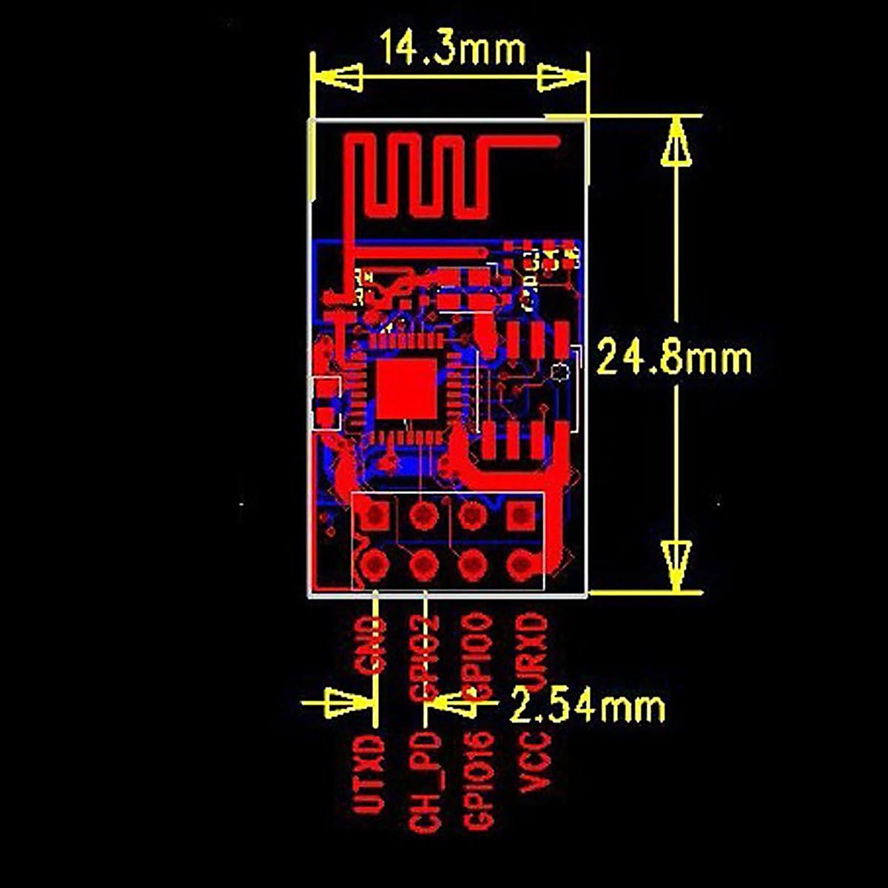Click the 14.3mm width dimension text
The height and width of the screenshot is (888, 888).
point(453,50)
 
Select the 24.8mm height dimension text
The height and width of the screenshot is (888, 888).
point(674,359)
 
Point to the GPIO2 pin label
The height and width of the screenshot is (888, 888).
point(424,657)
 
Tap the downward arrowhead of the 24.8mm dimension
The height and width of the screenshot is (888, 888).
point(676,566)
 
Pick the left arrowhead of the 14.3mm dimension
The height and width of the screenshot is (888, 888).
point(339,78)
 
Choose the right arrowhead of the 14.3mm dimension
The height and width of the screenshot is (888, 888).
point(561,78)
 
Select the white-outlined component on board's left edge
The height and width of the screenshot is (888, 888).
point(325,403)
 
